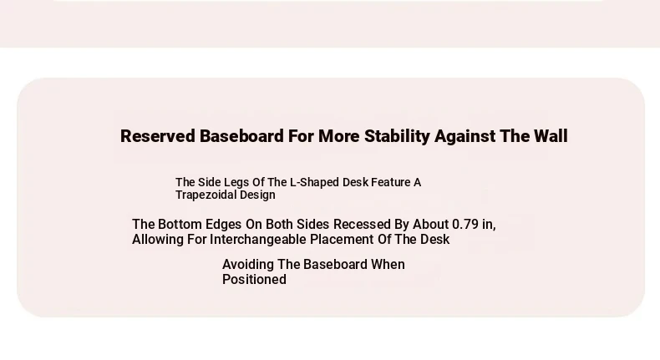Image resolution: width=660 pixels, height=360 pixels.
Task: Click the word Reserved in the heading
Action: [157, 136]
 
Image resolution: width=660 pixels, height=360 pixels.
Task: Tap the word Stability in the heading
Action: [397, 136]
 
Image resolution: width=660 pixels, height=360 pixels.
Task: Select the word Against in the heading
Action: [465, 136]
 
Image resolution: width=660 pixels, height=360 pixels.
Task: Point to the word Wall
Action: [551, 136]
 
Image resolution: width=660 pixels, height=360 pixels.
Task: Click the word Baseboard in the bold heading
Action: [241, 136]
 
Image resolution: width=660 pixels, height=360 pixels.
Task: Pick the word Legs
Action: [236, 182]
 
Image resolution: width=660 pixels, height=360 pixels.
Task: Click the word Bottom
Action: [180, 224]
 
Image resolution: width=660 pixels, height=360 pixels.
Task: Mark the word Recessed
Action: [362, 224]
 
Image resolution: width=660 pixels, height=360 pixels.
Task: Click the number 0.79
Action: [465, 224]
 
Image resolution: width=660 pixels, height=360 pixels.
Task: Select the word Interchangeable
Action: [257, 239]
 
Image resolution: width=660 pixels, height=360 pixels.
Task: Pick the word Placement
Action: [342, 239]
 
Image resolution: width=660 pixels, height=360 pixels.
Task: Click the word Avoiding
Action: [248, 265]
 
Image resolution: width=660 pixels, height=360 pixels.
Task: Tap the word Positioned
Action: [254, 280]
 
